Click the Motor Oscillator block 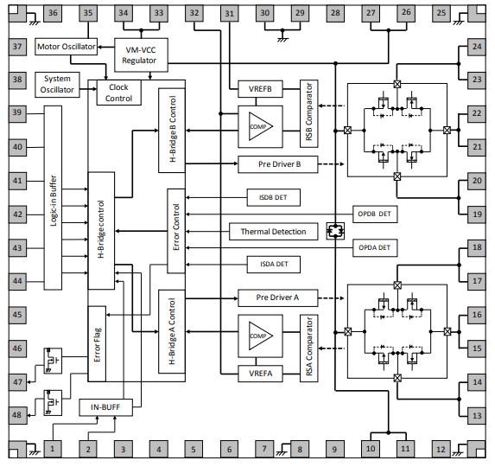pyautogui.click(x=66, y=47)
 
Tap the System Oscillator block pyautogui.click(x=59, y=84)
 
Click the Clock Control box pyautogui.click(x=118, y=93)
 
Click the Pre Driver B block pyautogui.click(x=278, y=164)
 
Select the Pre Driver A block pyautogui.click(x=278, y=297)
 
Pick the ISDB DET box pyautogui.click(x=274, y=198)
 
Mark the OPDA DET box pyautogui.click(x=375, y=248)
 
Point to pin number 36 pyautogui.click(x=54, y=13)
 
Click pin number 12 pyautogui.click(x=441, y=449)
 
